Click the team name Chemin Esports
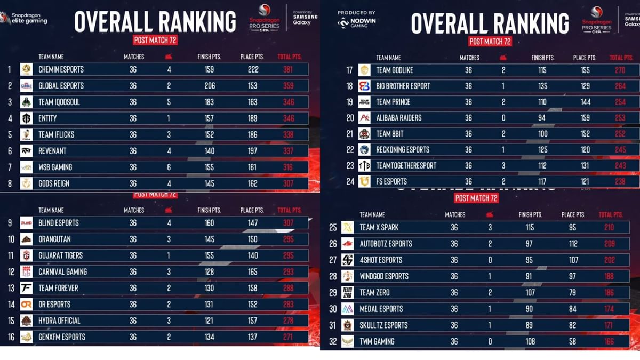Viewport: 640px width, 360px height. point(61,69)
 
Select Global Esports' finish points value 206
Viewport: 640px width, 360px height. point(210,86)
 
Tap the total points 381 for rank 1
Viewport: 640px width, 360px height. point(288,69)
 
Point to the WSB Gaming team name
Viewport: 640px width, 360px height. point(55,167)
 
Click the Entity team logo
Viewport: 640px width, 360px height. point(26,118)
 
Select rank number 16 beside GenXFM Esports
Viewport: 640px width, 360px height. point(9,337)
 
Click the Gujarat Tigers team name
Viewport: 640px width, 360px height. point(60,255)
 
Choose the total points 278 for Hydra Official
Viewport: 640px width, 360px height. point(288,321)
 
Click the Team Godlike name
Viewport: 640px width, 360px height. point(394,70)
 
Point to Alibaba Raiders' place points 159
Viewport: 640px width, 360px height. point(585,118)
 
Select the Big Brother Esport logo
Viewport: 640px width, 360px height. point(364,86)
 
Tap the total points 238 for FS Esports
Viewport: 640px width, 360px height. point(619,181)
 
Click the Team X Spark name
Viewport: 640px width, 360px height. point(379,228)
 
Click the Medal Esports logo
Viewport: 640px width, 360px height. point(348,309)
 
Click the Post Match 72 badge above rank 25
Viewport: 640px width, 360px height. point(476,198)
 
